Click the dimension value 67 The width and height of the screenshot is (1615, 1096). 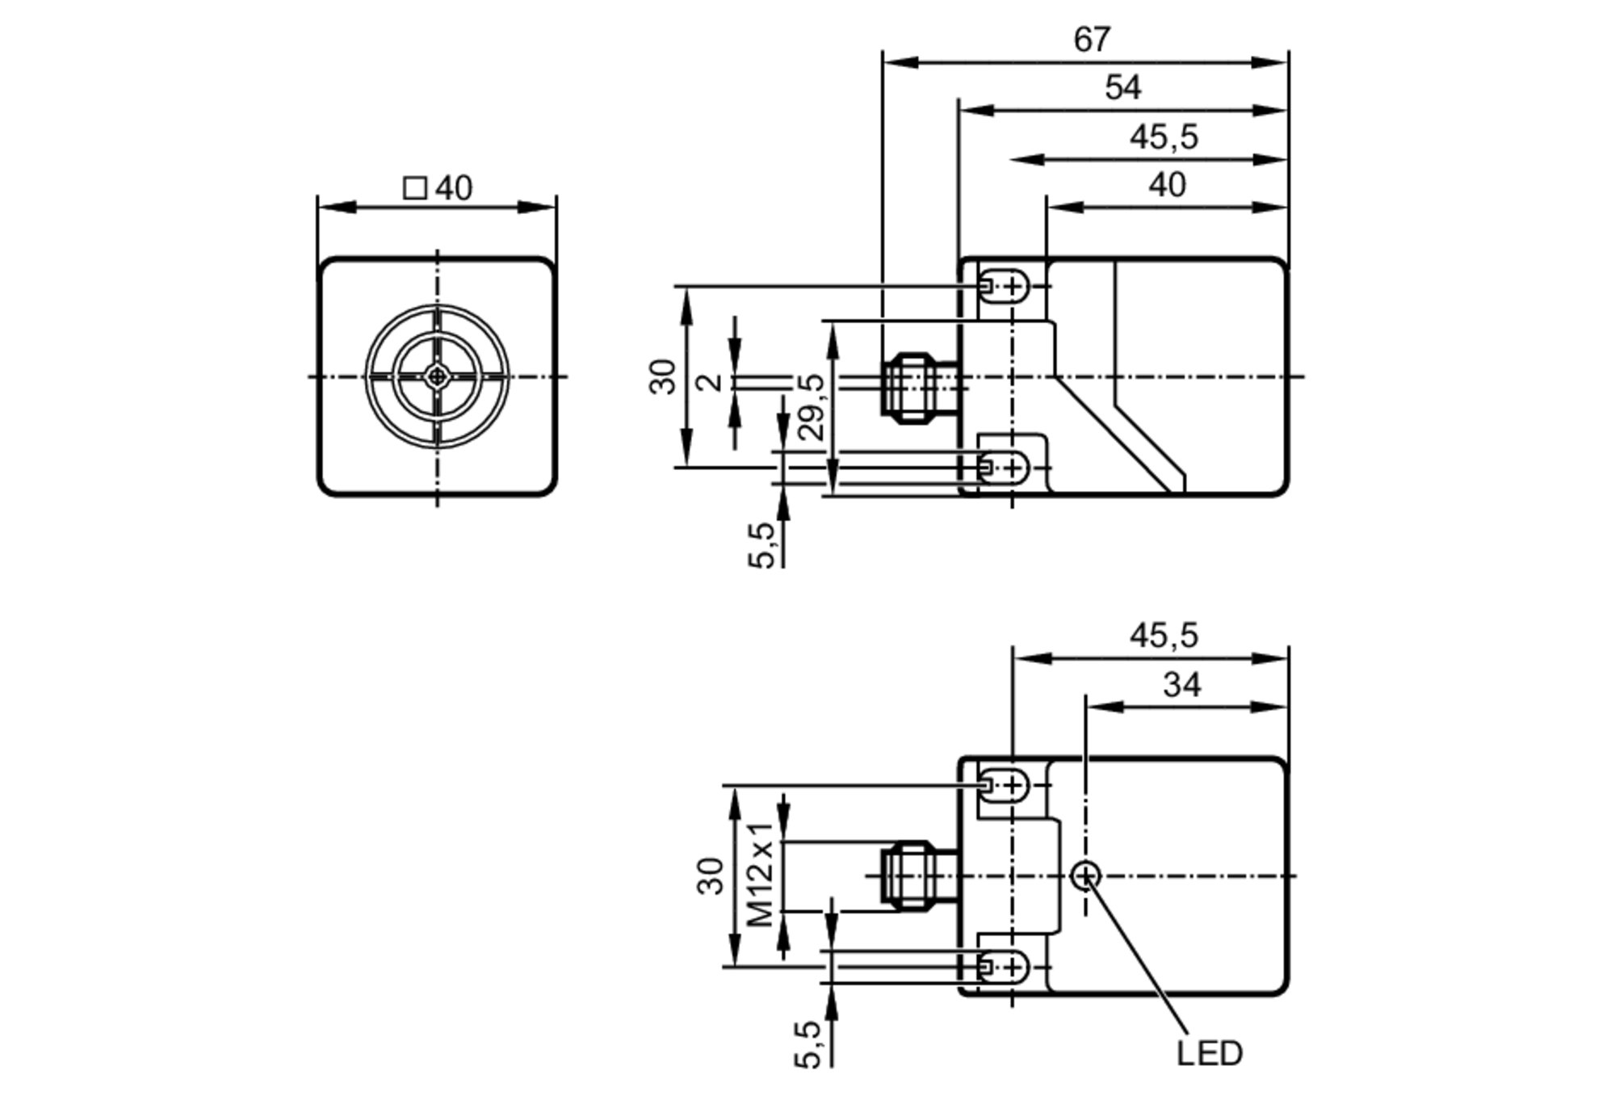(x=1092, y=40)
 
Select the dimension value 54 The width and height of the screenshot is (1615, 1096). (x=1122, y=87)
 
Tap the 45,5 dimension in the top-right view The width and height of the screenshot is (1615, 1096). (x=1164, y=136)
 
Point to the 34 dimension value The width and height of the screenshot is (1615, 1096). (x=1182, y=685)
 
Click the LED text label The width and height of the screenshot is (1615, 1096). (x=1209, y=1053)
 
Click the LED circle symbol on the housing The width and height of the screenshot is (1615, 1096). (x=1086, y=876)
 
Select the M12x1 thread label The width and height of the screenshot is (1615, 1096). (x=761, y=874)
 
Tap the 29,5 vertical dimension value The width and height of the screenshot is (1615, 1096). (x=812, y=406)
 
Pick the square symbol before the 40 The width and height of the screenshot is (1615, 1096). (x=414, y=188)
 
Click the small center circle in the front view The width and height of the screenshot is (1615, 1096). (x=437, y=376)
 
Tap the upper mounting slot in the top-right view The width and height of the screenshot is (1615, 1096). (x=1005, y=286)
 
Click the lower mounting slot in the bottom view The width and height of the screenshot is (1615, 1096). (x=1005, y=967)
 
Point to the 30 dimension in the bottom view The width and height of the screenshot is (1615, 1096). (x=711, y=876)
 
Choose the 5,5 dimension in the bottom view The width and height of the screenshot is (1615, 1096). (x=807, y=1044)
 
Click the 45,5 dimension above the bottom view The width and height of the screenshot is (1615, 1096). (x=1164, y=636)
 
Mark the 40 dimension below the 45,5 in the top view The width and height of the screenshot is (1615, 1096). (x=1167, y=185)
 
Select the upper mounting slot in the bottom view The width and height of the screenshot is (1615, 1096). (x=1005, y=785)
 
